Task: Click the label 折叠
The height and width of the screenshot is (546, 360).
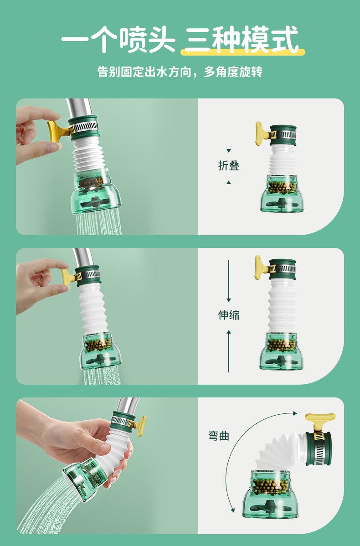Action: pyautogui.click(x=229, y=166)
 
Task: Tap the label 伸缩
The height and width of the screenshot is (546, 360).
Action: pyautogui.click(x=229, y=315)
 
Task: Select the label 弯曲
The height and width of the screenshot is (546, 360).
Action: pyautogui.click(x=219, y=436)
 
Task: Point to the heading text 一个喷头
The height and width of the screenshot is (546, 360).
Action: pyautogui.click(x=118, y=39)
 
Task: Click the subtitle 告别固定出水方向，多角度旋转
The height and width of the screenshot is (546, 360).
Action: pyautogui.click(x=180, y=72)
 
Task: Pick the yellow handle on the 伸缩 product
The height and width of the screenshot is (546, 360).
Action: pyautogui.click(x=261, y=266)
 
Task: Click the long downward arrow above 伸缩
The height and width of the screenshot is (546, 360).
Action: pyautogui.click(x=229, y=281)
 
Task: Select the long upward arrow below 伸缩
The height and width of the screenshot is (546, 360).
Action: pyautogui.click(x=229, y=351)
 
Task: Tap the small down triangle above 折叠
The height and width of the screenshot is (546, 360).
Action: pyautogui.click(x=229, y=151)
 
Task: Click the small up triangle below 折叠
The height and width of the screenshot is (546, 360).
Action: pyautogui.click(x=229, y=182)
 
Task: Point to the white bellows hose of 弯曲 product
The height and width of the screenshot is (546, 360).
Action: pyautogui.click(x=275, y=451)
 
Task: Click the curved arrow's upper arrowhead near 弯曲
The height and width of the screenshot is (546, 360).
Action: pyautogui.click(x=295, y=413)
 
